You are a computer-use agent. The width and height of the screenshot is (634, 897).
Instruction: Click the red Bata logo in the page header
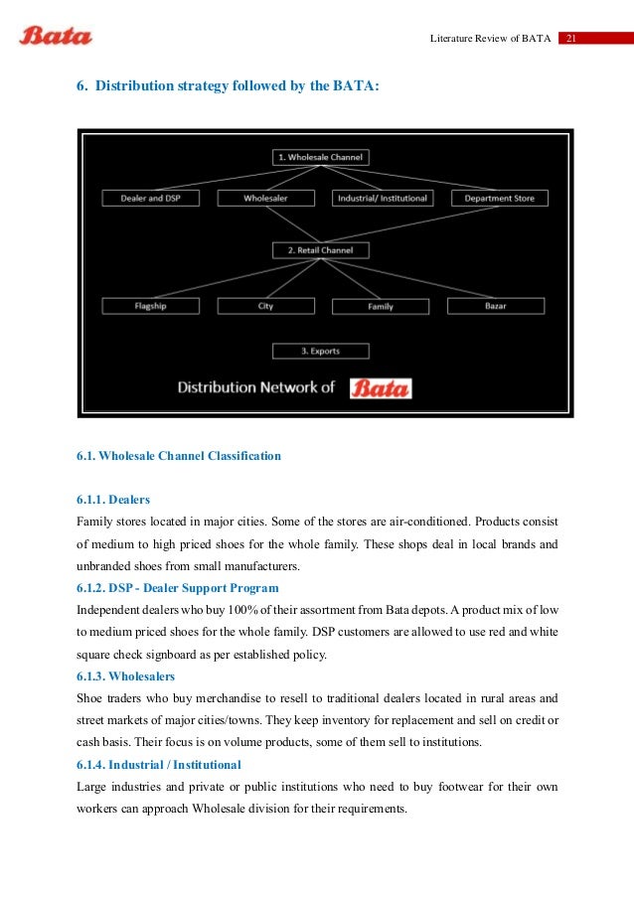(x=56, y=37)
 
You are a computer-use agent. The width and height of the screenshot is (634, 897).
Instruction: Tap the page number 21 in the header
(x=571, y=39)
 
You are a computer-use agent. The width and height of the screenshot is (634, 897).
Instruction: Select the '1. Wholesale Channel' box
(x=320, y=157)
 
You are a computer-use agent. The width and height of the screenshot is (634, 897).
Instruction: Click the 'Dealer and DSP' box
(x=150, y=199)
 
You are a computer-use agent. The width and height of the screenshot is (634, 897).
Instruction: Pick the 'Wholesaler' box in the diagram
(x=265, y=199)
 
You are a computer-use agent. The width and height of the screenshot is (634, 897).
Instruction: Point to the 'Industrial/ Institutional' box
(x=382, y=199)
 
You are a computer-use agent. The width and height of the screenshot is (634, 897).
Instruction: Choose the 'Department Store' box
(x=499, y=199)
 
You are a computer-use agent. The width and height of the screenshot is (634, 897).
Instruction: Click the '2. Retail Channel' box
(x=320, y=250)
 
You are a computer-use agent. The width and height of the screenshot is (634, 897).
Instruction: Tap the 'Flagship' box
(x=150, y=306)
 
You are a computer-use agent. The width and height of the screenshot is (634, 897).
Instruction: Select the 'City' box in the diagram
(x=265, y=306)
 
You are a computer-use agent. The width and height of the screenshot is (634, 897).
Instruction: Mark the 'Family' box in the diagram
(x=381, y=306)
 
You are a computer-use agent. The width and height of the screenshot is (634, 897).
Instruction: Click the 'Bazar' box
(x=495, y=306)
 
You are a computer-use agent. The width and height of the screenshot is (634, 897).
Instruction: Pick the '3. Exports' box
(x=320, y=351)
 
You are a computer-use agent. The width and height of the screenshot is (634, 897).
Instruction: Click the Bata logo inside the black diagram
(x=381, y=387)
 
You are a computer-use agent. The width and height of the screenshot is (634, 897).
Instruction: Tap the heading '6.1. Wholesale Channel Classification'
(x=179, y=456)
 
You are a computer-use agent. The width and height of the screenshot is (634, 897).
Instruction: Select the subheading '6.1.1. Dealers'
(x=113, y=500)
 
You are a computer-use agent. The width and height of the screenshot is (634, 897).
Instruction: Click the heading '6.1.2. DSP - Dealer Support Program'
(x=178, y=588)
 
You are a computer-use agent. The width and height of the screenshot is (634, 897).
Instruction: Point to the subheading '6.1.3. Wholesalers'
(x=125, y=676)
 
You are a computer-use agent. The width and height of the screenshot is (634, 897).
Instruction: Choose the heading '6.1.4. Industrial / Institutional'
(x=159, y=765)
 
